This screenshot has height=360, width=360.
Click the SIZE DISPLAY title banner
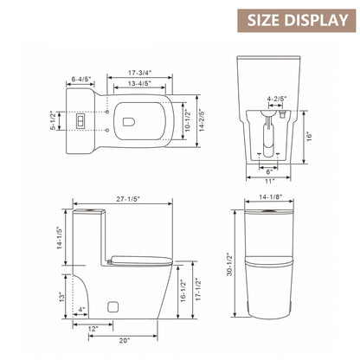click(x=297, y=21)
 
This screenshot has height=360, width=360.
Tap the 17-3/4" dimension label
click(x=140, y=73)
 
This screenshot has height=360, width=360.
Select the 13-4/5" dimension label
click(x=140, y=84)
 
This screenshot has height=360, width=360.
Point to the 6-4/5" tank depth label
click(x=81, y=79)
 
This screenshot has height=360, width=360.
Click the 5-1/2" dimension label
click(x=53, y=120)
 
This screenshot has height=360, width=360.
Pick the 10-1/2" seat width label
click(x=188, y=120)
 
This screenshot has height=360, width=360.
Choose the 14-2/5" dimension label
click(x=202, y=120)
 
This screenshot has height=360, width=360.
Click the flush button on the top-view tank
click(x=80, y=120)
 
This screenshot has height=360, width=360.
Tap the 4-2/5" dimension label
click(x=277, y=99)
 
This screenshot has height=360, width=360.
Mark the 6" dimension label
click(x=269, y=172)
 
